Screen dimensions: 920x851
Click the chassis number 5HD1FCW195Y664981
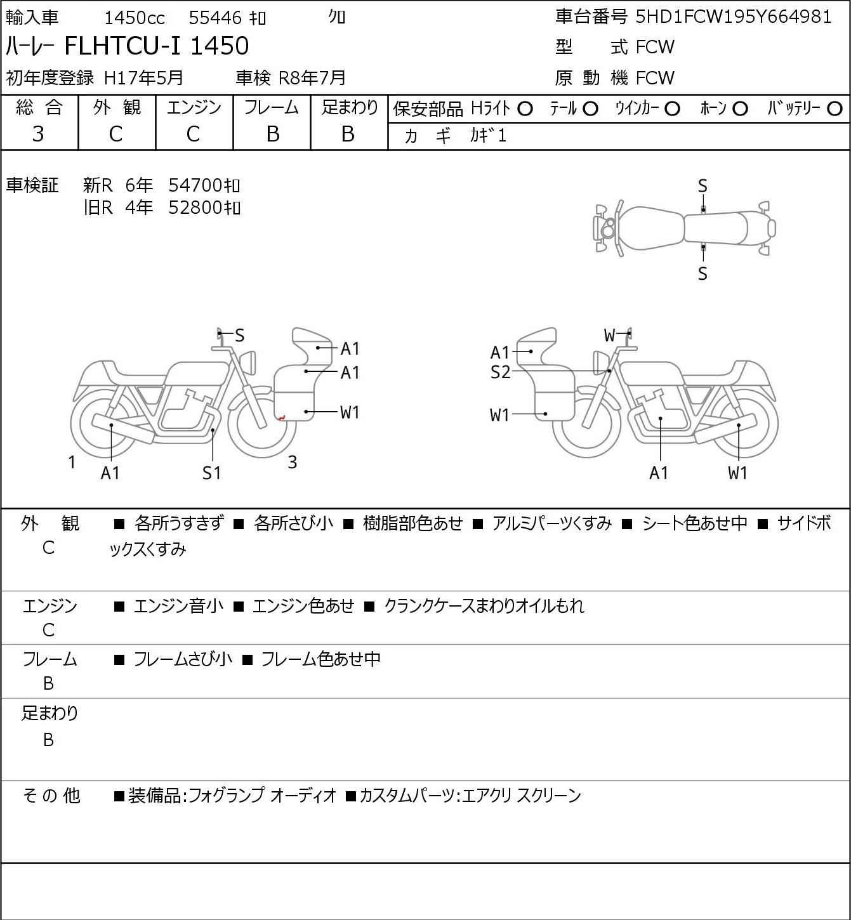(x=733, y=17)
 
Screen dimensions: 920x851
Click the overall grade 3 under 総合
(x=38, y=134)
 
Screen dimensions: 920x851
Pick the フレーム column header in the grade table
(x=272, y=108)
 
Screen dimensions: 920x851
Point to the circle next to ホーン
(x=740, y=109)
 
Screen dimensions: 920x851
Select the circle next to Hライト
(x=525, y=109)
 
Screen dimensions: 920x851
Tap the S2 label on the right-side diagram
(x=500, y=372)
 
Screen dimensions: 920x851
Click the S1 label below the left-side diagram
(x=211, y=473)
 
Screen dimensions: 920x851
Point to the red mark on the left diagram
(x=281, y=417)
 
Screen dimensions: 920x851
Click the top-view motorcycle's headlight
(x=607, y=228)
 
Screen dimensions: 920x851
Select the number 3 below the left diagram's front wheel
(x=292, y=463)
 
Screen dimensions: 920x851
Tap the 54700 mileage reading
(x=197, y=185)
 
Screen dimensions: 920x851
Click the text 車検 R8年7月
(x=291, y=77)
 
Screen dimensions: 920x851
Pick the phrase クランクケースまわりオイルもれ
(x=484, y=606)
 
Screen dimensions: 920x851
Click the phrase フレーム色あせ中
(x=320, y=659)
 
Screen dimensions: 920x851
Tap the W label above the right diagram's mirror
(x=609, y=335)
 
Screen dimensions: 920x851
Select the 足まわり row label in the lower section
(x=49, y=713)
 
